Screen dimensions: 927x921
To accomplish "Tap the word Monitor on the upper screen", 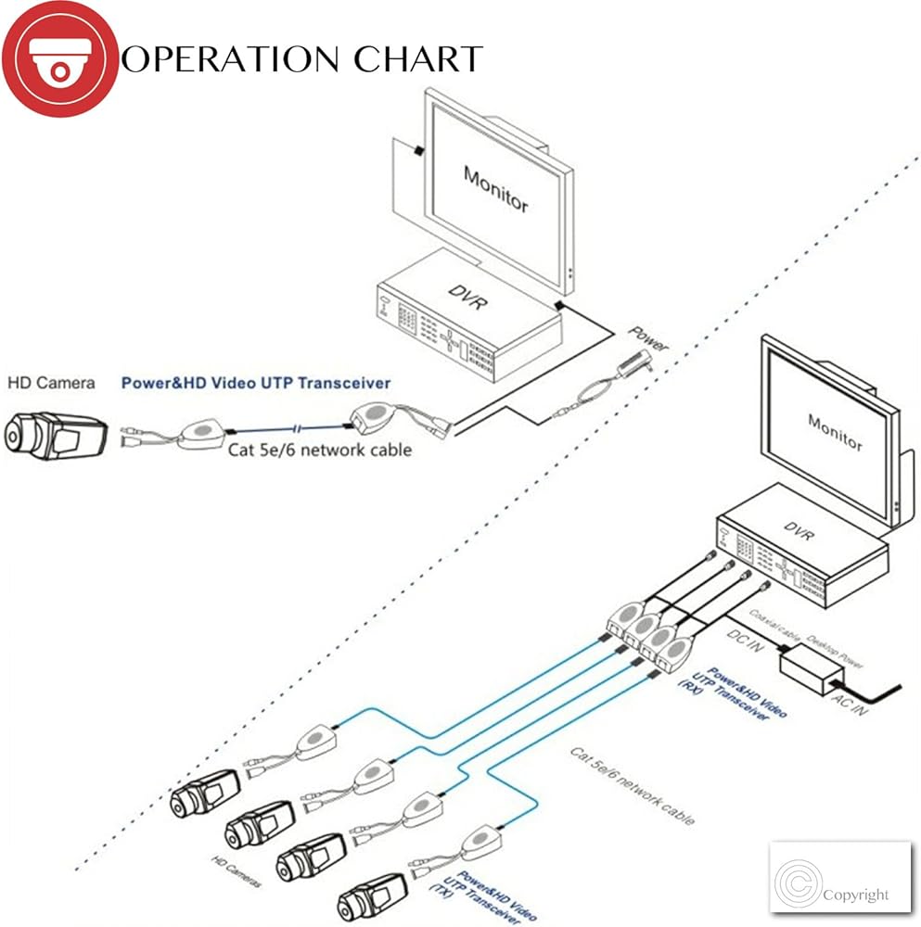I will click(x=495, y=188).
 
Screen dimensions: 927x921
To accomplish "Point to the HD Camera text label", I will click(x=51, y=382).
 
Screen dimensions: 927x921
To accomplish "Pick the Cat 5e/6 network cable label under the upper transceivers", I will click(x=320, y=450).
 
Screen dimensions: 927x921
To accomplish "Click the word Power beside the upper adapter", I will click(x=648, y=339).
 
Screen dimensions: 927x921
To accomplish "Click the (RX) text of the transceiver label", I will click(x=689, y=687).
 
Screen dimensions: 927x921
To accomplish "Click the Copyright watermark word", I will click(x=854, y=895).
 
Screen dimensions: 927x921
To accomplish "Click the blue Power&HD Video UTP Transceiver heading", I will click(x=256, y=382).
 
